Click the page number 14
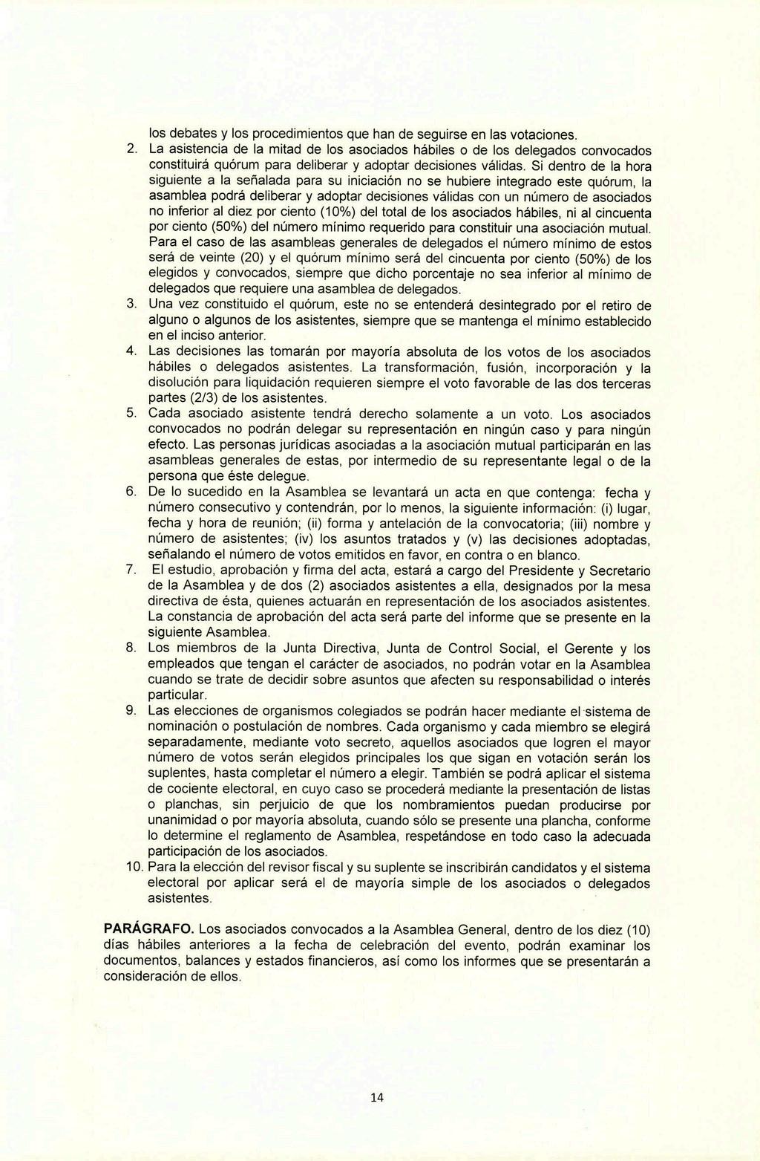tap(379, 1098)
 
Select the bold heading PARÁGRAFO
tap(148, 929)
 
